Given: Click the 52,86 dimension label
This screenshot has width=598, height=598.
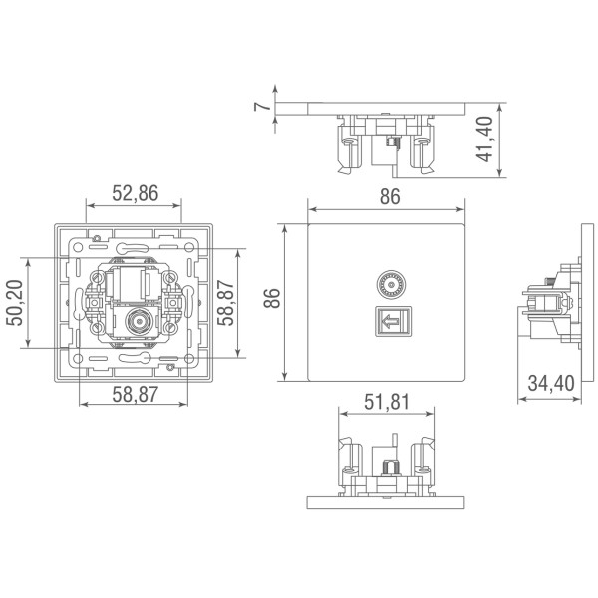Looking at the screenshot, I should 135,194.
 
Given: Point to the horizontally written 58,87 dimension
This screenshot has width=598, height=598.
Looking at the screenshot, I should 135,395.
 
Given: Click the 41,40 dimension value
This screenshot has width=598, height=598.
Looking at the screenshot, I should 486,140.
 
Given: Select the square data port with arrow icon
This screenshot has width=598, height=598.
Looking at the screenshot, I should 389,322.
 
